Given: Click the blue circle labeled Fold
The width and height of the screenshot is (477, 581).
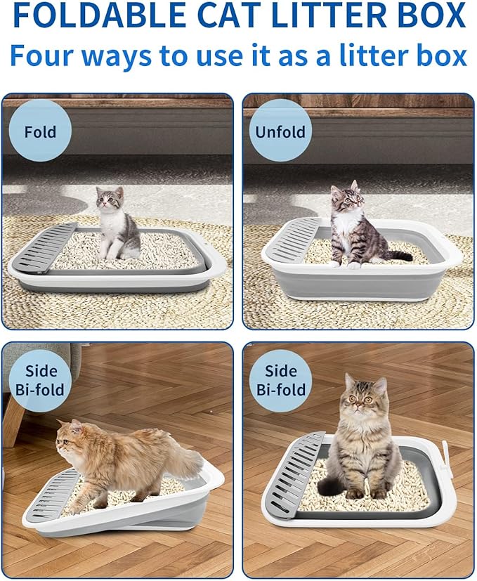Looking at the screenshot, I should pos(40,131).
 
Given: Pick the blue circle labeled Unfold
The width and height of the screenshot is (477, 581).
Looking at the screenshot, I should pos(280,131).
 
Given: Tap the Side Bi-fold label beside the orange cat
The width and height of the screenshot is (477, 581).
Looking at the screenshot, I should pos(40,380).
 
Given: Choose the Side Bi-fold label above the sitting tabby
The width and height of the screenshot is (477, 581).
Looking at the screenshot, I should pos(280,380).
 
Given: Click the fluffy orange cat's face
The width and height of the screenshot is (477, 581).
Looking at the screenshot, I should pos(70,438).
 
